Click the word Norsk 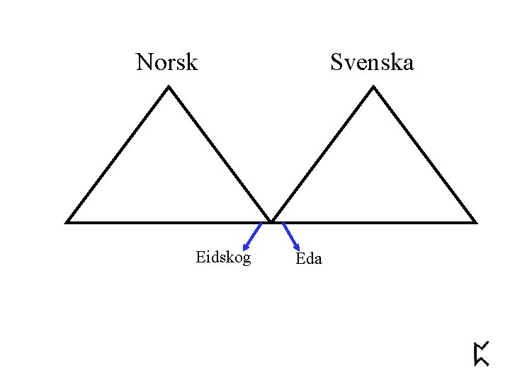(166, 62)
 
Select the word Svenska (372, 62)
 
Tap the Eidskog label (223, 258)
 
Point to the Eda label (309, 259)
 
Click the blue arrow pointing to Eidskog (253, 236)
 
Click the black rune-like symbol (481, 354)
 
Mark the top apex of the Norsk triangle (169, 87)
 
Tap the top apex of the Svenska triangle (373, 87)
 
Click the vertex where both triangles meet (271, 221)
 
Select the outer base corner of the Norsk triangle (67, 221)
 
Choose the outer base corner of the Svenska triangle (475, 221)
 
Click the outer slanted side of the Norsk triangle (118, 154)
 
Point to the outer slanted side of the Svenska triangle (424, 154)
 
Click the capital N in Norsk (144, 62)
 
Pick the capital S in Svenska (336, 62)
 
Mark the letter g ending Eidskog (246, 260)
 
